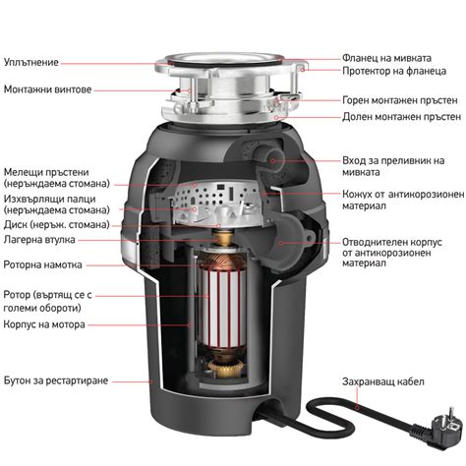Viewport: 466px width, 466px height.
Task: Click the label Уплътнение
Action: [x=31, y=62]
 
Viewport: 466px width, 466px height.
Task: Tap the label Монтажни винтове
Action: [x=47, y=89]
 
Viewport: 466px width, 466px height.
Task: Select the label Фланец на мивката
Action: [x=386, y=58]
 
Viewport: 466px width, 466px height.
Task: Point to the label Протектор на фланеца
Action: [x=394, y=71]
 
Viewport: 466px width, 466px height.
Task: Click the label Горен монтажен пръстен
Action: [x=400, y=100]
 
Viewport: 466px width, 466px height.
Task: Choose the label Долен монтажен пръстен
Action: [x=401, y=117]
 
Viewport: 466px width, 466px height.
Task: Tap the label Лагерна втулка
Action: [x=39, y=240]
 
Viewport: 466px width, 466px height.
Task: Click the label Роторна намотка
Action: [x=42, y=264]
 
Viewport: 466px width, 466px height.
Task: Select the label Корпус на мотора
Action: [x=44, y=324]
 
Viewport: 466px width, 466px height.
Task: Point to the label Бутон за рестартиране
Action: [x=56, y=380]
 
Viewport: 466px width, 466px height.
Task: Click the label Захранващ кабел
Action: [x=383, y=381]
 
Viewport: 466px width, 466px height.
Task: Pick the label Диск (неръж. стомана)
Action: [x=57, y=225]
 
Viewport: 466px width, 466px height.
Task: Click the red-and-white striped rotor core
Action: [x=224, y=307]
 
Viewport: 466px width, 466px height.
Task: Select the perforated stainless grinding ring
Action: [x=214, y=194]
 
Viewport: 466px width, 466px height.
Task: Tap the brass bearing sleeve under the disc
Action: [x=223, y=237]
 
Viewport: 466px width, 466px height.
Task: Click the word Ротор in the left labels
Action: [x=17, y=295]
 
